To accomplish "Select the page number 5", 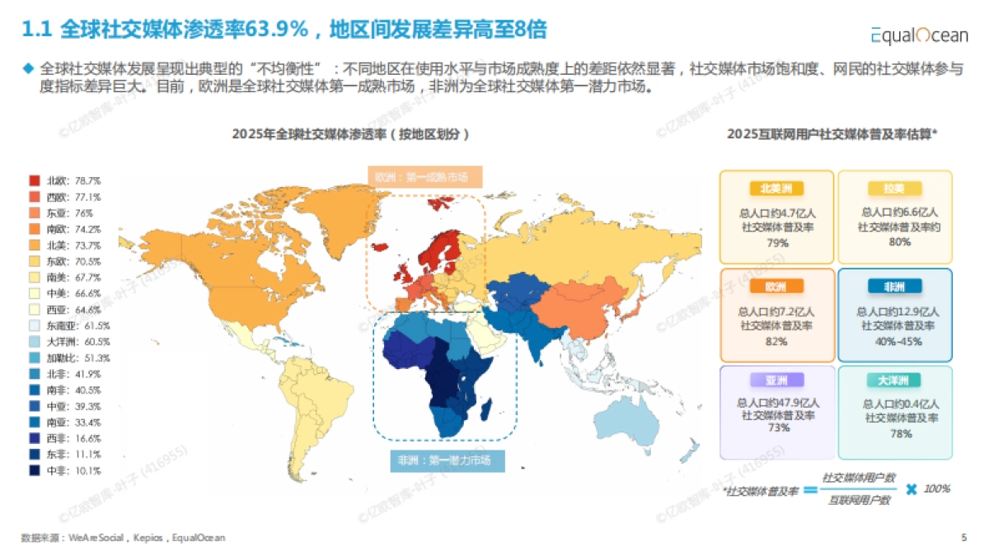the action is click(963, 537).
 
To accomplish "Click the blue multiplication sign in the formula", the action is click(911, 489).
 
